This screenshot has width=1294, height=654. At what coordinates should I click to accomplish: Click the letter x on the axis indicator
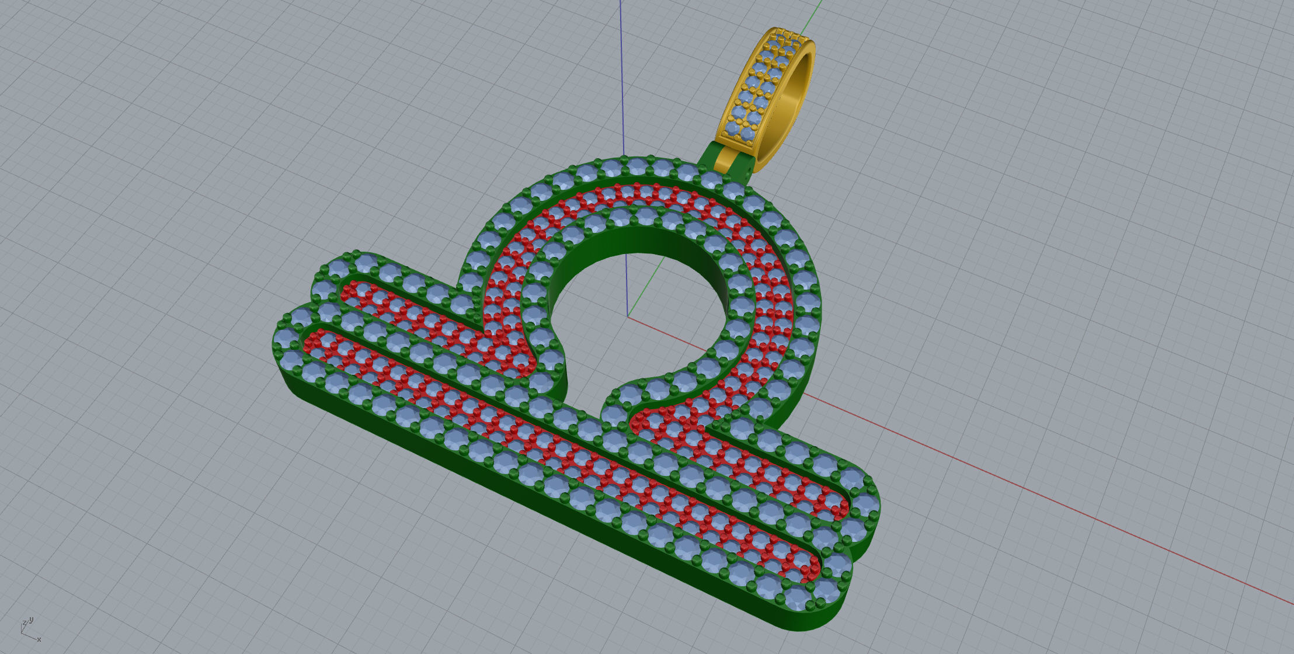39,639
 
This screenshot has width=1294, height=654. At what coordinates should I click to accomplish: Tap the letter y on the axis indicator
31,620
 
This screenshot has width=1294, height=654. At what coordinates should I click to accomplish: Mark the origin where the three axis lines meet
628,317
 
